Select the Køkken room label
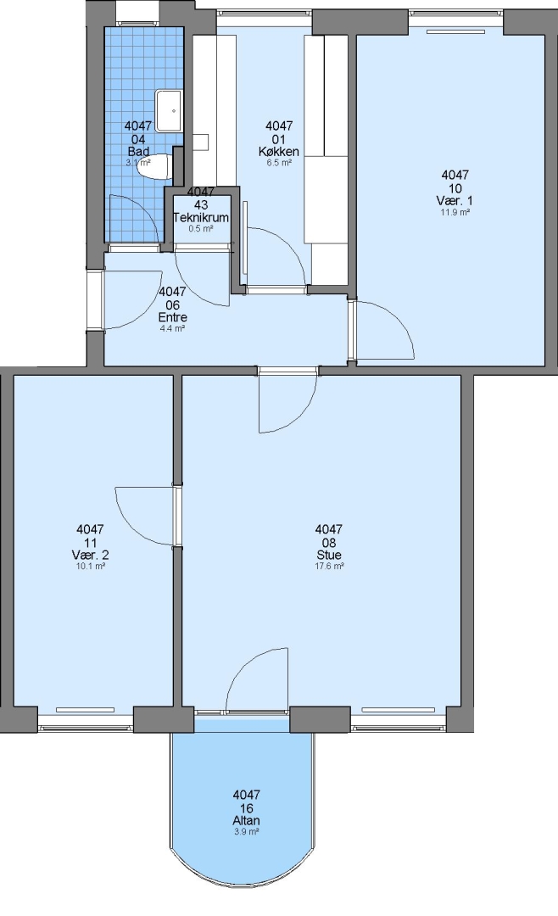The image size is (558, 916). click(279, 151)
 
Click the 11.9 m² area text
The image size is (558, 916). click(455, 213)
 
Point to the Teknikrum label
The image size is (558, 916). click(201, 217)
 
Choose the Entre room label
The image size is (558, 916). click(172, 318)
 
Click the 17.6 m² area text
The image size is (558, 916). click(329, 566)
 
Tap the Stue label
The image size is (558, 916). click(328, 555)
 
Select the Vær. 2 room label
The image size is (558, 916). click(91, 555)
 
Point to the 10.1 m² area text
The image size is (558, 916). click(91, 566)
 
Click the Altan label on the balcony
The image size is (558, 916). click(246, 820)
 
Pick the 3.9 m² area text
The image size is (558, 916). click(246, 831)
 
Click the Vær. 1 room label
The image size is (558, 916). click(455, 201)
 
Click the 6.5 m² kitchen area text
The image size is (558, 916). click(279, 163)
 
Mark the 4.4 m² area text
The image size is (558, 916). click(172, 329)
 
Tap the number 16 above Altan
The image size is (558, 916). click(246, 807)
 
